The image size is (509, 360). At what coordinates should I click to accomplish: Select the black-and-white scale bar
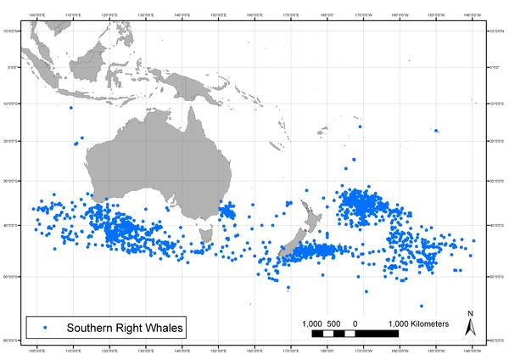(355, 334)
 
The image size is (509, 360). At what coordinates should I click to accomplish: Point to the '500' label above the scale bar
(333, 323)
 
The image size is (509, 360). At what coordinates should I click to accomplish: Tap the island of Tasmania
(204, 232)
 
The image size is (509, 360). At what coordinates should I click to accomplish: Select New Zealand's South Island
(299, 245)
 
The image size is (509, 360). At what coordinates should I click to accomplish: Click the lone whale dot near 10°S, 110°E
(71, 108)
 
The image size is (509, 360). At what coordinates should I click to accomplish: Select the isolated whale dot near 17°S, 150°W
(436, 131)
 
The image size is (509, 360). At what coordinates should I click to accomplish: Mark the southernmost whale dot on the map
(422, 307)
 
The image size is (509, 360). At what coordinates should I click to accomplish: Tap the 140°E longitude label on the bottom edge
(181, 350)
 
